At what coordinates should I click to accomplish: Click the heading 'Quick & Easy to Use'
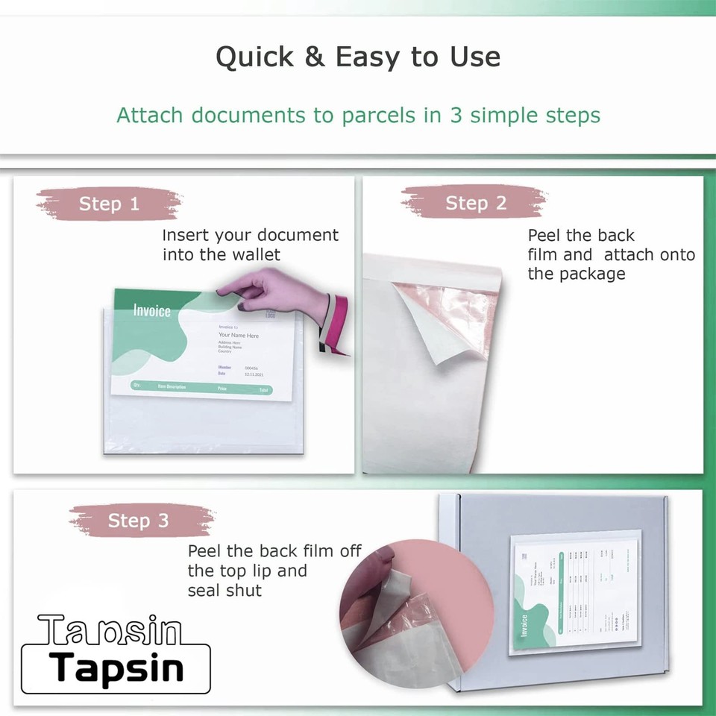(x=358, y=57)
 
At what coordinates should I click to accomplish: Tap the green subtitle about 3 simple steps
(x=358, y=116)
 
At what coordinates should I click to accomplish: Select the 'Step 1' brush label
(x=109, y=204)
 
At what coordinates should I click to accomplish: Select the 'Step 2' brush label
(x=475, y=203)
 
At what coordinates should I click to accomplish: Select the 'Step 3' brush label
(x=138, y=521)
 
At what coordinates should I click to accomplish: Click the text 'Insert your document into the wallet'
(x=250, y=245)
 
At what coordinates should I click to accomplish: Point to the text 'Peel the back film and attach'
(x=610, y=254)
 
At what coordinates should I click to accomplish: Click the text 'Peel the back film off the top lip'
(x=274, y=571)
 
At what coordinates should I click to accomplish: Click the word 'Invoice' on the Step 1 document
(x=151, y=311)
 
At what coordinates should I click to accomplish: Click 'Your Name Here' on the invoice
(x=239, y=336)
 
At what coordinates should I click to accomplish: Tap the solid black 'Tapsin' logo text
(x=118, y=668)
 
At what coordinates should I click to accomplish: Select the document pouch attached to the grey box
(x=574, y=592)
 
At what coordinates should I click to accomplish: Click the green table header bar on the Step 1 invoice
(x=201, y=388)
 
